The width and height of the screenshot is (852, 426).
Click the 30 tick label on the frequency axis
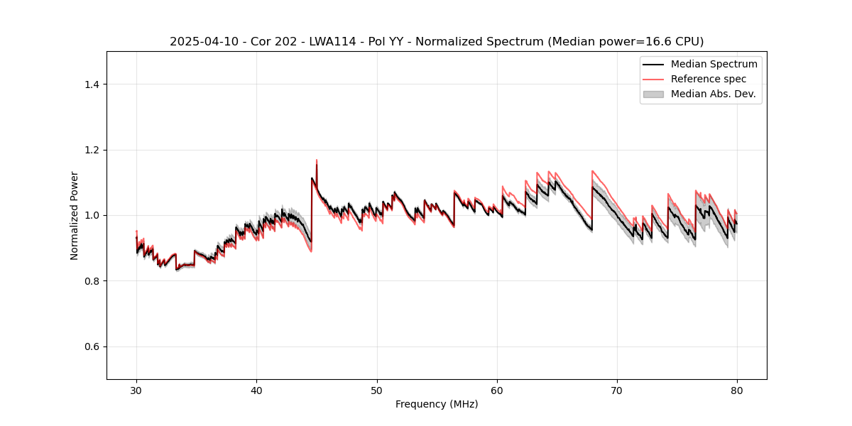coord(136,390)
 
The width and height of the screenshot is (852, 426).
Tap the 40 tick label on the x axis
coord(256,390)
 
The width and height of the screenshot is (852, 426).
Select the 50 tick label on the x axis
coord(376,390)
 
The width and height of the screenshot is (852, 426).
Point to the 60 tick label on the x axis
coord(497,390)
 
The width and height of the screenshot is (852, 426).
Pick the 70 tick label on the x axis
coord(617,390)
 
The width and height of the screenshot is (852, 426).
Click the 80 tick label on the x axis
coord(737,390)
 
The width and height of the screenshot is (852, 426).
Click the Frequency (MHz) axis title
coord(437,404)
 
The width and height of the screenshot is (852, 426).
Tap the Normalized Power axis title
coord(75,215)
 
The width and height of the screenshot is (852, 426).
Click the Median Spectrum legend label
coord(714,64)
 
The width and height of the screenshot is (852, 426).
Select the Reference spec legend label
coord(709,79)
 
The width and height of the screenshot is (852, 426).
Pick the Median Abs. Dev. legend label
coord(713,94)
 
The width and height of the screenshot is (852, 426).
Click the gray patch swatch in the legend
coord(653,94)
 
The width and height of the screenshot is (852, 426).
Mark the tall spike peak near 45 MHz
coord(317,160)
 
